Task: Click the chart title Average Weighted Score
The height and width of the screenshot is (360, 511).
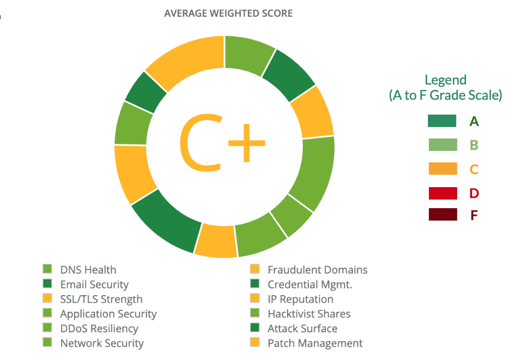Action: coord(228,13)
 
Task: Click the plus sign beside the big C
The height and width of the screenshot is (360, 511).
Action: coord(246,143)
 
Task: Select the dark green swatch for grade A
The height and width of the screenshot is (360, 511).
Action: coord(442,121)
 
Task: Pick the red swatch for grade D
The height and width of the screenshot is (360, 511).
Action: coord(442,193)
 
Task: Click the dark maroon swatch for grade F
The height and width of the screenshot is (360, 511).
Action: coord(442,215)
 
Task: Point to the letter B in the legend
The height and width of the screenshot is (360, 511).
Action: coord(474,145)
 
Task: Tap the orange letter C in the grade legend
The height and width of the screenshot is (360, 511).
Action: coord(474,169)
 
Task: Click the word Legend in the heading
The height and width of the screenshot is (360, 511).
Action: coord(445,80)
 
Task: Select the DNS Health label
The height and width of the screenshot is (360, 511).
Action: coord(88,270)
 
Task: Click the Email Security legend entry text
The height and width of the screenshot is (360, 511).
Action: coord(94,285)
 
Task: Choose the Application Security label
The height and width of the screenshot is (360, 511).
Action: coord(108,314)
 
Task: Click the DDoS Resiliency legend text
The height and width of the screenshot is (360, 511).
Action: coord(99,329)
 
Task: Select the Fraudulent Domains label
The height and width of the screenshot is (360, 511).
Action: coord(317,270)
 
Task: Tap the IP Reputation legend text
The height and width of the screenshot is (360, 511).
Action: coord(300,299)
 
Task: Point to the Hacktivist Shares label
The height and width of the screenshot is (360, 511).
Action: coord(309,314)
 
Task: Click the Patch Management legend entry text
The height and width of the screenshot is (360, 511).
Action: coord(315,343)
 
